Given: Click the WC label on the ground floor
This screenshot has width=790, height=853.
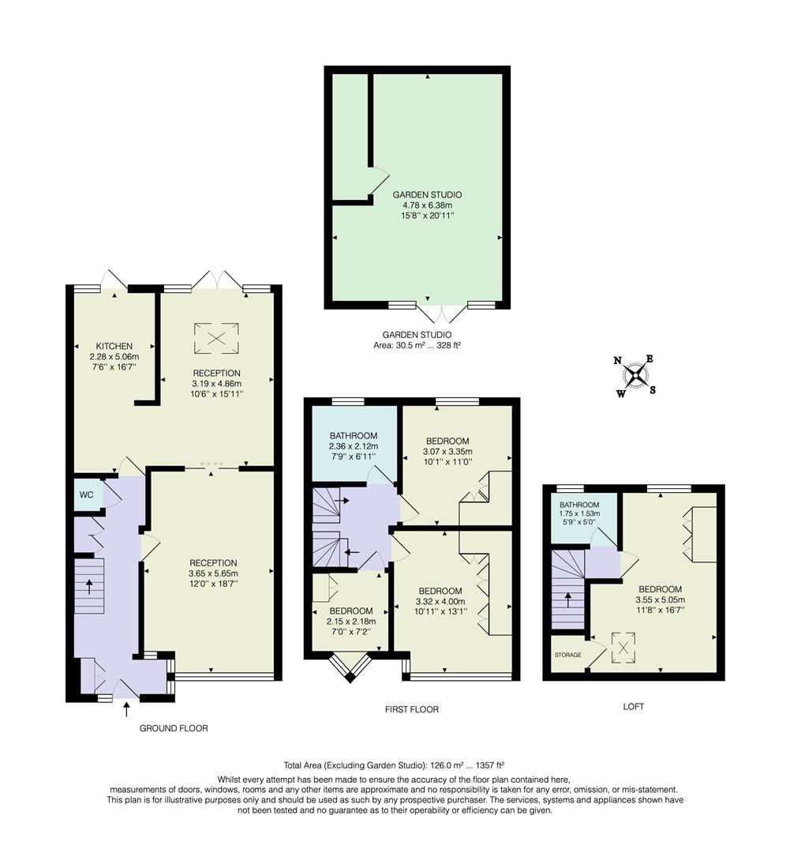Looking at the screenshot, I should pyautogui.click(x=87, y=495).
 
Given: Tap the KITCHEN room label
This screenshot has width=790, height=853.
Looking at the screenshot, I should pyautogui.click(x=114, y=346).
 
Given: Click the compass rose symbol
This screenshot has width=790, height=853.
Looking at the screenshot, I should pyautogui.click(x=635, y=375).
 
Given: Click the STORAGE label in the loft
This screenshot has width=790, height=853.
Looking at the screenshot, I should pyautogui.click(x=567, y=656).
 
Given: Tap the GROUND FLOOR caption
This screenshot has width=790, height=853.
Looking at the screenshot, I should pyautogui.click(x=174, y=728).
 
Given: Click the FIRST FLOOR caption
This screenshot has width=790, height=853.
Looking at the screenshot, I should pyautogui.click(x=411, y=709).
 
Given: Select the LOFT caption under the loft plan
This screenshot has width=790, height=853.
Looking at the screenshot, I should pyautogui.click(x=634, y=707).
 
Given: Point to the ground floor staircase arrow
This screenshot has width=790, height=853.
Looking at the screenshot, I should pyautogui.click(x=88, y=587).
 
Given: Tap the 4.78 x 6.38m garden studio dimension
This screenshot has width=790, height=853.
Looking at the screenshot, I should pyautogui.click(x=427, y=205).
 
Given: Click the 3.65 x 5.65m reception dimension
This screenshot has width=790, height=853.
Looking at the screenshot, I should pyautogui.click(x=213, y=573).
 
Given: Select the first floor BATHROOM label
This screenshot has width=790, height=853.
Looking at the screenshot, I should pyautogui.click(x=353, y=435).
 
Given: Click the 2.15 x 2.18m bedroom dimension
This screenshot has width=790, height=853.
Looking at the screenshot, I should pyautogui.click(x=351, y=622).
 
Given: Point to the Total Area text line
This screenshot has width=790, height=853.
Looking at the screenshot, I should pyautogui.click(x=394, y=765).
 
